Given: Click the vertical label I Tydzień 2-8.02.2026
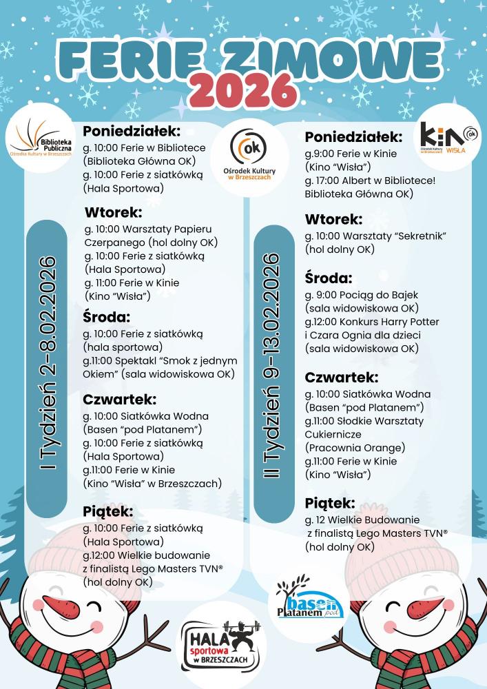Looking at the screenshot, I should click(x=48, y=366).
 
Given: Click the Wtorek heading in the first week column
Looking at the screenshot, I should click(x=114, y=212).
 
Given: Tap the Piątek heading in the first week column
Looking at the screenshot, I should click(x=108, y=511).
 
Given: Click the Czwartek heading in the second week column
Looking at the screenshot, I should click(x=341, y=378).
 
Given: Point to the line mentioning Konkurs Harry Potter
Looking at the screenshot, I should click(x=372, y=322).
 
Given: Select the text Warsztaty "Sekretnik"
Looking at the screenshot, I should click(x=399, y=236).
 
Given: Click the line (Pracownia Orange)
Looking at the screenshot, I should click(x=354, y=448).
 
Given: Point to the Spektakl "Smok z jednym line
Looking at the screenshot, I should click(x=160, y=360).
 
